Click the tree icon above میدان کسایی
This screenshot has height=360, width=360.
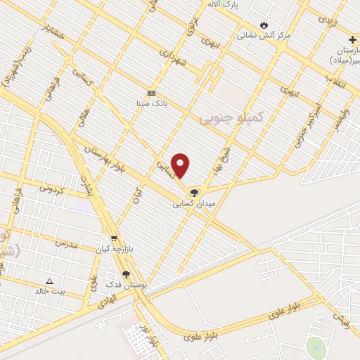195,192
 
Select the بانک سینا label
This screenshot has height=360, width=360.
151,103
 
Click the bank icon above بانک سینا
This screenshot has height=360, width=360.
151,93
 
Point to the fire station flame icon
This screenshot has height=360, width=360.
264,24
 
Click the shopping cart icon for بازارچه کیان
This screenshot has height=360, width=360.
114,239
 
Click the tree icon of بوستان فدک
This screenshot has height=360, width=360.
126,274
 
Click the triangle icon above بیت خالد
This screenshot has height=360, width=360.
49,281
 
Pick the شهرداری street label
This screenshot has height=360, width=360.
172,58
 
